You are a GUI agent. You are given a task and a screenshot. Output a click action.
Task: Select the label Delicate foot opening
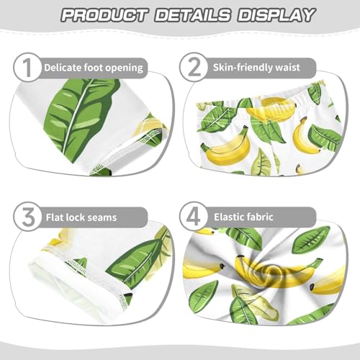94,68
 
